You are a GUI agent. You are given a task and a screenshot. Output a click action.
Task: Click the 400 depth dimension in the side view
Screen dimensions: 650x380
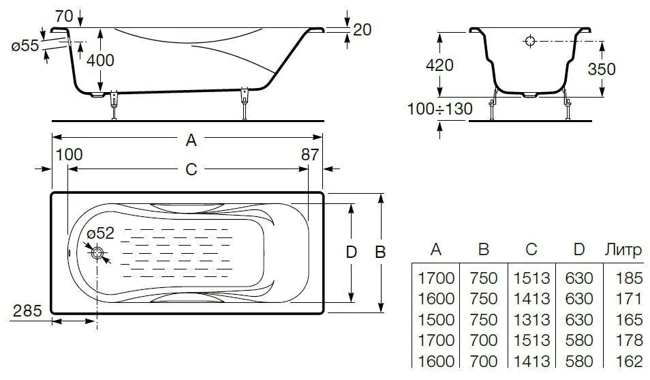[100, 60]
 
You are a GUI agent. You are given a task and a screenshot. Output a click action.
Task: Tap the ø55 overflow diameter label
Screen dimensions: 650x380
[25, 45]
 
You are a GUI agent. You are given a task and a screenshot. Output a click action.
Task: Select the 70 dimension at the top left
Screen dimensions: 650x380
[64, 16]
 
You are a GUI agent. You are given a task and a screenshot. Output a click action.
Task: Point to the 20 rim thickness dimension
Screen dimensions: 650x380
[362, 29]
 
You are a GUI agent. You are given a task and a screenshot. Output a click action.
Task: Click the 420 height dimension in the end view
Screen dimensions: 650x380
[439, 65]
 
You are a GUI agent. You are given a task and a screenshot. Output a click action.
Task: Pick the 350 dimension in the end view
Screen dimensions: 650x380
[602, 69]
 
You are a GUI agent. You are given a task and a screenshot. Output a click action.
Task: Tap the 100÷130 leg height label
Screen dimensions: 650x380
[440, 108]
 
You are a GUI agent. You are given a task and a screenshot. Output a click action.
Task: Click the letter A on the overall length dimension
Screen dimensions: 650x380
[191, 141]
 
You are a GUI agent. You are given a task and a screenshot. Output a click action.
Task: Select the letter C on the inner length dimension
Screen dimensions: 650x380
[191, 169]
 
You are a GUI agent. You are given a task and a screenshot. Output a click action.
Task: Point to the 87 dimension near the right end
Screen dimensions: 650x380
[310, 154]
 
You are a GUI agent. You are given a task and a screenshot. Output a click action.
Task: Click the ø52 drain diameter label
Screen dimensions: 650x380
[100, 233]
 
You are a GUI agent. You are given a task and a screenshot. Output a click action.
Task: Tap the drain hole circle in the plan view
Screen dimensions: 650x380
[98, 253]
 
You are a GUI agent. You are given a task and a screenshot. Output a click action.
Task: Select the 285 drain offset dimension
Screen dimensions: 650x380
[27, 310]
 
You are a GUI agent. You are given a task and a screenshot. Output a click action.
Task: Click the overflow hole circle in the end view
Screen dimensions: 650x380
[530, 41]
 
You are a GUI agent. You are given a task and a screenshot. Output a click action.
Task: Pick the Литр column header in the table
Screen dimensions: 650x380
[623, 250]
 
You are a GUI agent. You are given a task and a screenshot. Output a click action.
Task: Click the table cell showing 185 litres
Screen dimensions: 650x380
[629, 278]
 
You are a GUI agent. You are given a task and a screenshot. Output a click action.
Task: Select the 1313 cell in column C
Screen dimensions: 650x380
[531, 319]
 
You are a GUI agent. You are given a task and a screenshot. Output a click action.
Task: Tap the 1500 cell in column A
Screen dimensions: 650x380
[436, 319]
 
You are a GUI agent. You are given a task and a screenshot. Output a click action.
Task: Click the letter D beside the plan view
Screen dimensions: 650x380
[351, 252]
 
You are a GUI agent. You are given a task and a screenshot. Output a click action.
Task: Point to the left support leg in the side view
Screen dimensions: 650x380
[114, 106]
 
